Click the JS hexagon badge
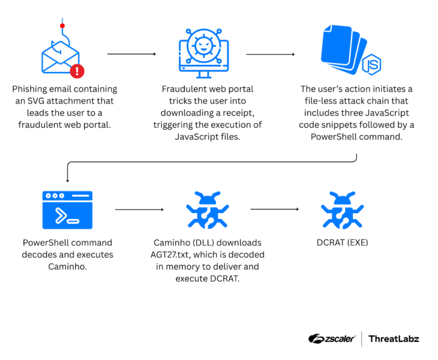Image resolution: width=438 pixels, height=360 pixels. pos(371,65)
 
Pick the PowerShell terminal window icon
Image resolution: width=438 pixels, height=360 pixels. pos(67,210)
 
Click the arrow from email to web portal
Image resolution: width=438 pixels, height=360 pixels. pos(132,54)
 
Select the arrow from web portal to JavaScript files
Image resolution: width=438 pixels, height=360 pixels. pos(270,54)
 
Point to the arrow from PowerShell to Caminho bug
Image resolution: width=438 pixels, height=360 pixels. pos(139,210)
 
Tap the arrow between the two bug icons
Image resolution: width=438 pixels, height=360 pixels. pos(275,209)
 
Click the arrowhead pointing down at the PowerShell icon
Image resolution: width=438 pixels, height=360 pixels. pos(67,179)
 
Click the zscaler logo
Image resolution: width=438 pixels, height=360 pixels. pos(332,338)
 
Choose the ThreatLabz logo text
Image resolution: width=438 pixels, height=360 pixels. pos(394,338)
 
